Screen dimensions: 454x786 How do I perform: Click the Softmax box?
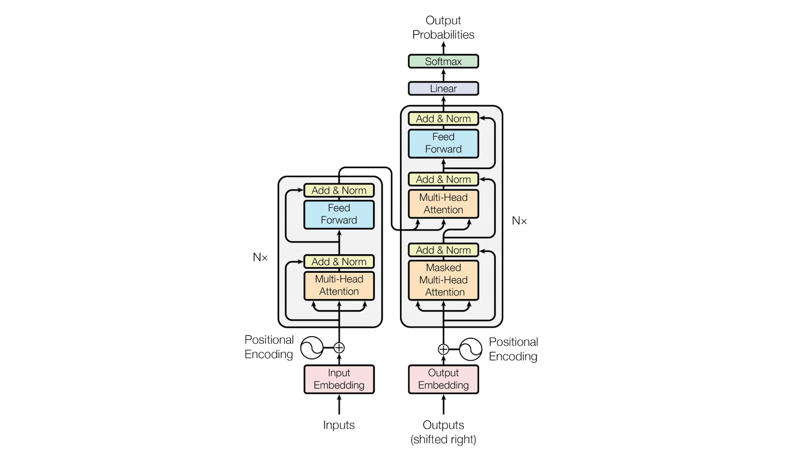pyautogui.click(x=443, y=62)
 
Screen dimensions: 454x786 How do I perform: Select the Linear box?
pyautogui.click(x=443, y=88)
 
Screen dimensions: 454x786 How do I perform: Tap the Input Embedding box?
pyautogui.click(x=339, y=379)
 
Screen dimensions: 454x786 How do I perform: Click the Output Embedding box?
pyautogui.click(x=443, y=379)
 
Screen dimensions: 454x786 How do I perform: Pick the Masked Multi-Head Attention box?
pyautogui.click(x=443, y=280)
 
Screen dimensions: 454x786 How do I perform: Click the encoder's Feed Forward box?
pyautogui.click(x=339, y=214)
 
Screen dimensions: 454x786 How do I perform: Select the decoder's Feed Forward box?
pyautogui.click(x=443, y=144)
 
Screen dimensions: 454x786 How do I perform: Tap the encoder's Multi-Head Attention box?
pyautogui.click(x=339, y=285)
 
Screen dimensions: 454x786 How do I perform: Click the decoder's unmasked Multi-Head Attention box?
pyautogui.click(x=443, y=204)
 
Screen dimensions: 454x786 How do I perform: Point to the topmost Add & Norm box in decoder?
pyautogui.click(x=443, y=118)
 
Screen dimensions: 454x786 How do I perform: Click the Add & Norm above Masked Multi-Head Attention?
pyautogui.click(x=443, y=250)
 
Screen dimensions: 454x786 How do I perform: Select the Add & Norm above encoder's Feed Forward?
pyautogui.click(x=339, y=190)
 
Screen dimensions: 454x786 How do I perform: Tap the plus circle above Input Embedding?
pyautogui.click(x=339, y=348)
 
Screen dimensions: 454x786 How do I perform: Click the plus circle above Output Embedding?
pyautogui.click(x=443, y=349)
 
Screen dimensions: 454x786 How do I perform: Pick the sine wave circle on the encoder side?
pyautogui.click(x=312, y=348)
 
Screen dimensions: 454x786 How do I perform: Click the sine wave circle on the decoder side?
pyautogui.click(x=471, y=349)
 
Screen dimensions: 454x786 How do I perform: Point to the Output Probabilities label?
pyautogui.click(x=443, y=28)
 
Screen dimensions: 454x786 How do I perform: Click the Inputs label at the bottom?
pyautogui.click(x=339, y=425)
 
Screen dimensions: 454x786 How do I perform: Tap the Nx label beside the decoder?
pyautogui.click(x=520, y=221)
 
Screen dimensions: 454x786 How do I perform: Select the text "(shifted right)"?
pyautogui.click(x=443, y=439)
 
